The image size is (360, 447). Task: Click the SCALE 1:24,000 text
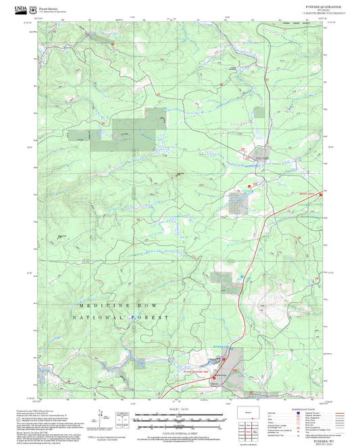[179, 409]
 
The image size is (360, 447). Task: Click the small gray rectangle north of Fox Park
[259, 115]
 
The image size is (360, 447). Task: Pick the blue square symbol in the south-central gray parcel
[242, 276]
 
